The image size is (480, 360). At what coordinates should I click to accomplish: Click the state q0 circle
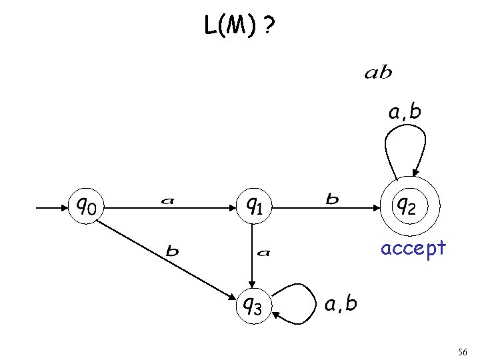tap(87, 207)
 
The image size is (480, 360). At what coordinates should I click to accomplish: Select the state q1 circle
tap(252, 207)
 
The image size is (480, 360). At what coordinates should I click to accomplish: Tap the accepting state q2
tap(407, 207)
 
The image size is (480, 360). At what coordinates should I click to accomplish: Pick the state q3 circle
tap(252, 306)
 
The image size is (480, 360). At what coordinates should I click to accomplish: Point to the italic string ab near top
tap(378, 73)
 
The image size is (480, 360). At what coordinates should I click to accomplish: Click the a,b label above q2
tap(405, 111)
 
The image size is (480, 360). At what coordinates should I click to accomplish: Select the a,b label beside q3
tap(341, 304)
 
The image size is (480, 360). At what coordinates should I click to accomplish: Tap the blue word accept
tap(413, 249)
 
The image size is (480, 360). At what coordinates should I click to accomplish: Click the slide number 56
tap(463, 351)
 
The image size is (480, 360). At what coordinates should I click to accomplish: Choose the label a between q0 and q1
tap(169, 199)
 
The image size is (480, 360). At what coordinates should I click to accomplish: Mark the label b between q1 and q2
tap(331, 198)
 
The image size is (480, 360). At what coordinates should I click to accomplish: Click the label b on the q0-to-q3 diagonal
tap(173, 251)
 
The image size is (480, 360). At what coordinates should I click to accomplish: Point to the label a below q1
tap(264, 252)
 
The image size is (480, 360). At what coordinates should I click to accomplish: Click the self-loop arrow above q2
tap(405, 143)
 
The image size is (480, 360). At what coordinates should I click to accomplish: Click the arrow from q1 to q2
tap(327, 207)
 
